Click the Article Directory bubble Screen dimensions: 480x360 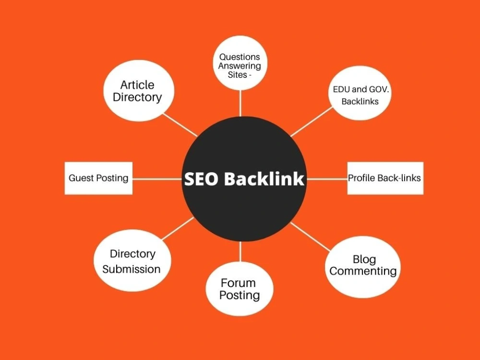tap(139, 91)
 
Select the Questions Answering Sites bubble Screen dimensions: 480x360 tap(240, 63)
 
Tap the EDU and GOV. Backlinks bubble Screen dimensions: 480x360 tap(360, 93)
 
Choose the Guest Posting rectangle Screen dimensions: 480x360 tap(98, 178)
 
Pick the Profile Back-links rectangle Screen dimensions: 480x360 tap(385, 178)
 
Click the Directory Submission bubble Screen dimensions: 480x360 tap(132, 261)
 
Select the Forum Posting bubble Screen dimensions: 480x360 tap(240, 288)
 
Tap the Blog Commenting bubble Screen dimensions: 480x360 tap(363, 267)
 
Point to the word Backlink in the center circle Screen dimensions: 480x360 tap(264, 179)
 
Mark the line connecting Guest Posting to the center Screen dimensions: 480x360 tap(157, 179)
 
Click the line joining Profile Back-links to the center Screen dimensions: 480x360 tap(327, 179)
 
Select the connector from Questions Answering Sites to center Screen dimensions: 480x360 tap(240, 104)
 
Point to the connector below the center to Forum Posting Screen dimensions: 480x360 tap(240, 252)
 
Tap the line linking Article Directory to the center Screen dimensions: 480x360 tap(180, 125)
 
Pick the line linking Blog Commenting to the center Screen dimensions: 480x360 tap(311, 237)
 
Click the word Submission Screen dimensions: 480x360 tap(132, 269)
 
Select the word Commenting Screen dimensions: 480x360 tap(363, 271)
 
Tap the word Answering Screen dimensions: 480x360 tap(240, 66)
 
